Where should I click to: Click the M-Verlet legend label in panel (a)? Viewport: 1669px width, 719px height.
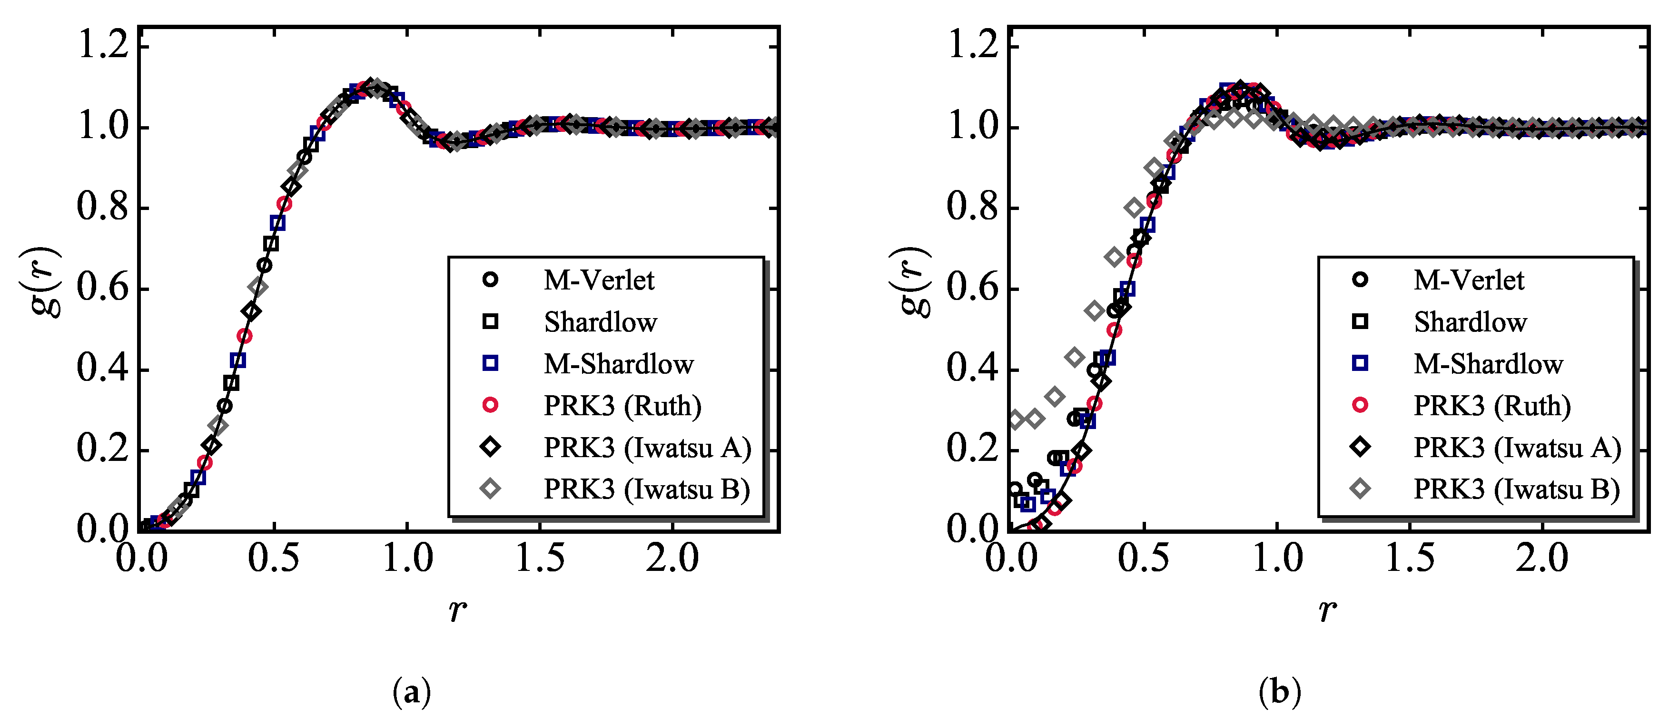tap(599, 280)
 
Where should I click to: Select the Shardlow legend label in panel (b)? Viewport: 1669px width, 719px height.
tap(1470, 322)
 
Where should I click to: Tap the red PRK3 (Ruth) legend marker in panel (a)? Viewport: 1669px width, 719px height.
tap(491, 405)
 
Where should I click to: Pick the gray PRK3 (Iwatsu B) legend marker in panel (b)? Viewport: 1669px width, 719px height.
tap(1360, 489)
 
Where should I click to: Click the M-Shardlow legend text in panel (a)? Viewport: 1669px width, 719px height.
tap(618, 364)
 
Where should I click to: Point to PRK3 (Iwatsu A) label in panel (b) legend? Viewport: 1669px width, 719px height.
tap(1517, 447)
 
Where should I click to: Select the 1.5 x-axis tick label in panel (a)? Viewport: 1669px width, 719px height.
tap(539, 558)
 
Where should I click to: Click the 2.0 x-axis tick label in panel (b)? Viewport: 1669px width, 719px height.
tap(1541, 558)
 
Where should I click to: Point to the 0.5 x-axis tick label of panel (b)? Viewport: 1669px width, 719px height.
tap(1144, 558)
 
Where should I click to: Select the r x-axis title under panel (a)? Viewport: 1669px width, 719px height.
tap(457, 610)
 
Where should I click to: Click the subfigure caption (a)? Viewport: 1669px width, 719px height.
tap(411, 692)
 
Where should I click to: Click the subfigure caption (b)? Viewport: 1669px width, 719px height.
tap(1280, 692)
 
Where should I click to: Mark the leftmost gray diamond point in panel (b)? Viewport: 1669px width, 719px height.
tap(1016, 419)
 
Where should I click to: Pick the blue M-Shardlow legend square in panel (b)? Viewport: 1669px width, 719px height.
tap(1360, 363)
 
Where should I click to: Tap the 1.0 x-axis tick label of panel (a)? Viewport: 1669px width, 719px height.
tap(407, 558)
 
